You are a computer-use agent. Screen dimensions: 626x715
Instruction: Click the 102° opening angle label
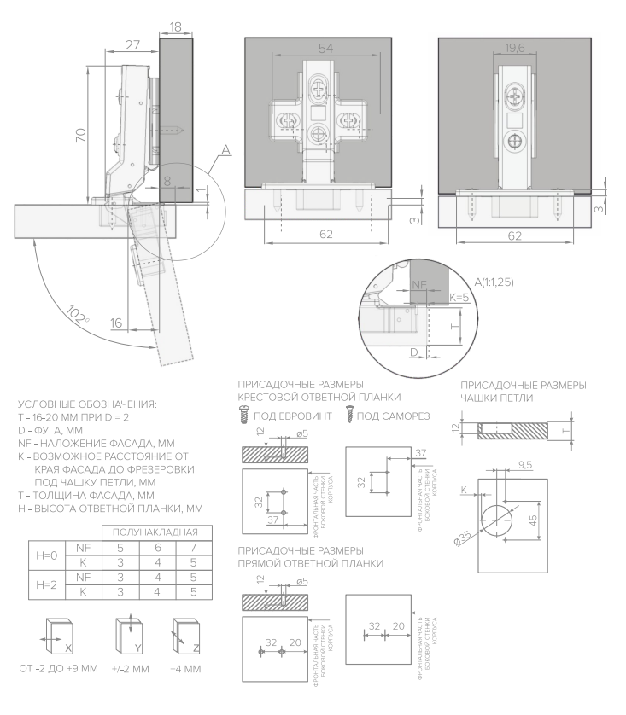coord(78,315)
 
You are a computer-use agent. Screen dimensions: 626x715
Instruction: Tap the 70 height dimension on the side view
coord(81,135)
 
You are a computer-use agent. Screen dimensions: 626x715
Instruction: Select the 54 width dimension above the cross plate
coord(325,48)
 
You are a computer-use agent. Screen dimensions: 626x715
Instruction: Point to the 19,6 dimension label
coord(515,48)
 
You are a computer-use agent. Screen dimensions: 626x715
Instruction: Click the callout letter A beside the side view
coord(225,150)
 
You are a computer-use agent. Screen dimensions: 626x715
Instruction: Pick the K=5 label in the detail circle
coord(459,297)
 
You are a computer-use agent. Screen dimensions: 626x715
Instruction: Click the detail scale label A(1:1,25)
coord(494,282)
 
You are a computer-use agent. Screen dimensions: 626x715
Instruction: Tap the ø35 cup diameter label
coord(462,538)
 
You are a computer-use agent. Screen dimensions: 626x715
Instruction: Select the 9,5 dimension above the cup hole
coord(525,465)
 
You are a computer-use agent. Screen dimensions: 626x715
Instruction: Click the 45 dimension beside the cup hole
coord(532,520)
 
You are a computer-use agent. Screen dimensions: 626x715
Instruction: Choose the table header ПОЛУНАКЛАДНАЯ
coord(155,532)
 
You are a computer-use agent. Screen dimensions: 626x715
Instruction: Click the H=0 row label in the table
coord(46,555)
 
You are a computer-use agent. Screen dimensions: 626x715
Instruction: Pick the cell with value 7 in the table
coord(194,548)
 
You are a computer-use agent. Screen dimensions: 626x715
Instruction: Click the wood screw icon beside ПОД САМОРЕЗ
coord(349,414)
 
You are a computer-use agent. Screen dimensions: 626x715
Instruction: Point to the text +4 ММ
coord(185,669)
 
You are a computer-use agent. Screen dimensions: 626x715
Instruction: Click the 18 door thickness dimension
coord(176,27)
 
